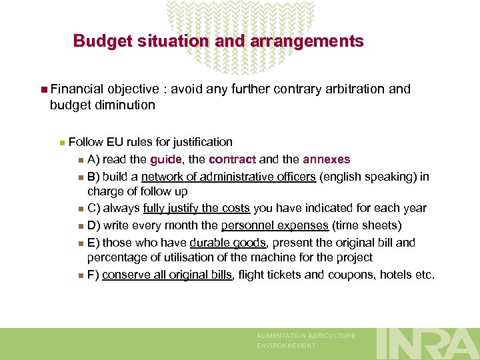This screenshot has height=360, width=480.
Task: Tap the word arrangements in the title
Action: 307,41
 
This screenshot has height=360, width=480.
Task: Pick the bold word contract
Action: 232,159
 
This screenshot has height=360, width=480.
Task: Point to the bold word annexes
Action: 326,159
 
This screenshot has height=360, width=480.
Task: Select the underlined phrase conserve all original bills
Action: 167,274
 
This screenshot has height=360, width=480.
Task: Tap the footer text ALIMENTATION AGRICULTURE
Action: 307,336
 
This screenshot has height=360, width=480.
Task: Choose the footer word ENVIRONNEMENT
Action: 287,346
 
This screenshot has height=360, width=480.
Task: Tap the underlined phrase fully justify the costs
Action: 196,209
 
